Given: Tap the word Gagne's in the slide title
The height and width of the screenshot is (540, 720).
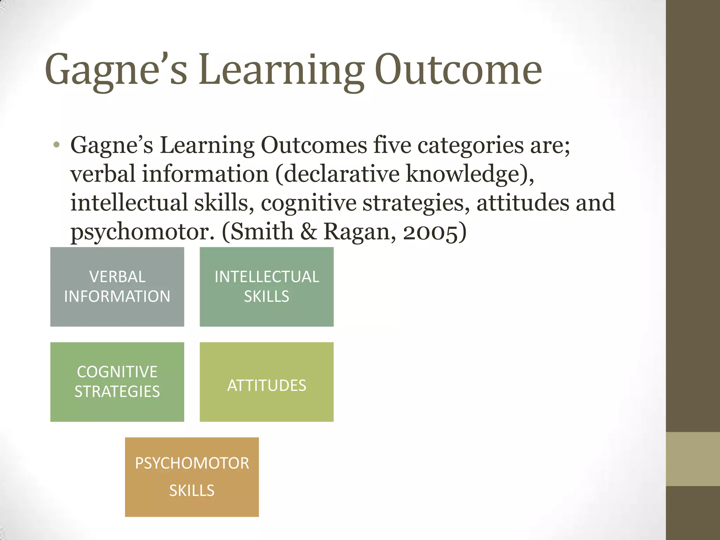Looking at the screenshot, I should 116,70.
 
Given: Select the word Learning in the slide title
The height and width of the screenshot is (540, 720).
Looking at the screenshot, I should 281,70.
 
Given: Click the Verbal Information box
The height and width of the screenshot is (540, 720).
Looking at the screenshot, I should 117,287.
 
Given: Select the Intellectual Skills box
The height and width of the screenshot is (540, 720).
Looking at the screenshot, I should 266,287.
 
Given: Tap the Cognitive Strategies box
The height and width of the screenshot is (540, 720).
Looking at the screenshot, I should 117,382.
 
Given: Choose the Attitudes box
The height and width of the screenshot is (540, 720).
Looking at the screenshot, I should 266,382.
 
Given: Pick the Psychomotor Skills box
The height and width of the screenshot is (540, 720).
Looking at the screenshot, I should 192,477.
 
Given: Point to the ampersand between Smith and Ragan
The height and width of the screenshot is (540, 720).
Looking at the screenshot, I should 308,232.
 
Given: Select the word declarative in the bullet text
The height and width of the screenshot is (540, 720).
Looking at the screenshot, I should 342,174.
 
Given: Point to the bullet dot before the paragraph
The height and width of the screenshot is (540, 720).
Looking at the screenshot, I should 57,145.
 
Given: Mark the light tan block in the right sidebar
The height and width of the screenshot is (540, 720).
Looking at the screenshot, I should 693,459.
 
